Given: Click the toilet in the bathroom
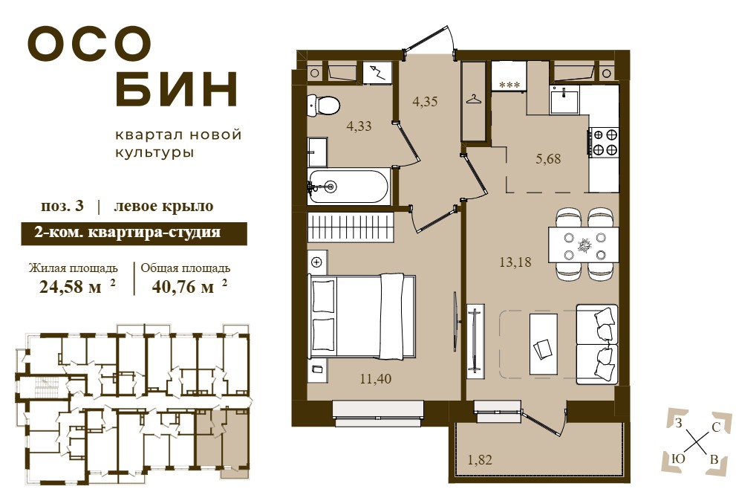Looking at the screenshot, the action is tap(323, 106).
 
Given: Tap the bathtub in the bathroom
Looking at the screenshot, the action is tap(349, 187).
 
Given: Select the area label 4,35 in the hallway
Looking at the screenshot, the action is tap(425, 102).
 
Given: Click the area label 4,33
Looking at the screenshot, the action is tap(359, 126).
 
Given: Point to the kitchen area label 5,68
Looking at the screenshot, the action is tap(548, 159).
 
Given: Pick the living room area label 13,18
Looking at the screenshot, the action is tap(515, 262).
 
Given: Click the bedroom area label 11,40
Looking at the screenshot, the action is tap(376, 379).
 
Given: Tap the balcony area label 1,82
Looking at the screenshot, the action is tap(479, 459).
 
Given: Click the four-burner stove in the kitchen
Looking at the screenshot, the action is tap(605, 142).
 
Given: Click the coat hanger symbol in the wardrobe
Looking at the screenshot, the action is tap(473, 99).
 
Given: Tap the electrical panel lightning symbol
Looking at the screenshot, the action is tap(378, 74).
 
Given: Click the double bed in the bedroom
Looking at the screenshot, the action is tap(362, 317).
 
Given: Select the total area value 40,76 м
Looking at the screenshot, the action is tap(183, 286).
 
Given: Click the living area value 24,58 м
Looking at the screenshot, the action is tap(71, 286).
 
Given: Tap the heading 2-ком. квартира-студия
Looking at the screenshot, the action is tap(127, 232).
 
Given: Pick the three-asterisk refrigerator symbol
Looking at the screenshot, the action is tap(510, 85).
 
